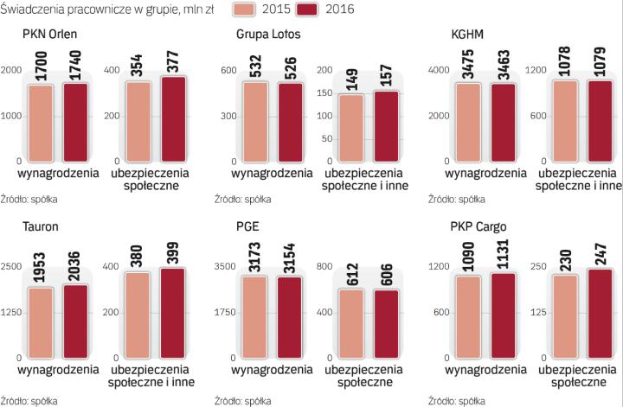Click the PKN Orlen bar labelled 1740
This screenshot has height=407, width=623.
76,122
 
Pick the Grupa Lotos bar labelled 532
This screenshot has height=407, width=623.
256,122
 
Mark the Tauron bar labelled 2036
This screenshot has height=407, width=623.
76,321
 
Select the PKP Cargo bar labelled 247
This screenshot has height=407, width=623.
601,313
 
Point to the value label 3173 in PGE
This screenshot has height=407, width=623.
256,249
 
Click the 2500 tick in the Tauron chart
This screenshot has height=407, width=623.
12,265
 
